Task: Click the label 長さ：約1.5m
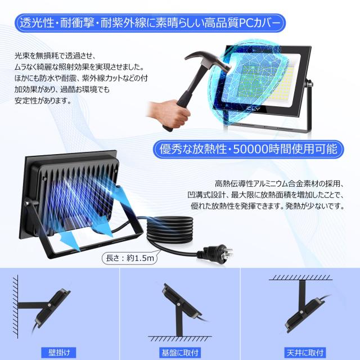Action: pyautogui.click(x=127, y=259)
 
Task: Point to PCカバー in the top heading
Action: pyautogui.click(x=256, y=24)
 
